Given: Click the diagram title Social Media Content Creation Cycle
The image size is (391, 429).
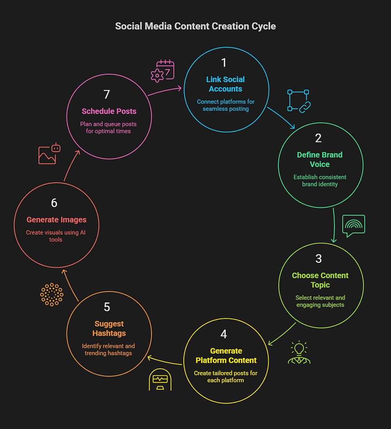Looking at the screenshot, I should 195,26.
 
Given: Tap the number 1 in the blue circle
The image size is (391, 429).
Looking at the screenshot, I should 224,63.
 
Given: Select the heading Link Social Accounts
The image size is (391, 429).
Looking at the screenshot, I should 225,84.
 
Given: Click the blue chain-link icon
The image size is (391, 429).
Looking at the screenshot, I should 298,101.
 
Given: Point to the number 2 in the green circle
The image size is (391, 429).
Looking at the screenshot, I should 319,138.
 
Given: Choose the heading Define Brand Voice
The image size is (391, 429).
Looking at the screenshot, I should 320,160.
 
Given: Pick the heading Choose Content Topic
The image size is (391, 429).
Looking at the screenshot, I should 320,280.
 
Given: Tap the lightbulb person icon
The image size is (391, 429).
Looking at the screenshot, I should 299,353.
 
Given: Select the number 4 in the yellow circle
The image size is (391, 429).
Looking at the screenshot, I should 224,334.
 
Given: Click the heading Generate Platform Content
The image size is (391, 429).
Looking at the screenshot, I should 226,355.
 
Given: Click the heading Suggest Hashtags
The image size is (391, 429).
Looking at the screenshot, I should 109,328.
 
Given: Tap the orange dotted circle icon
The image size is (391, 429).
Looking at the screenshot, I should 51,295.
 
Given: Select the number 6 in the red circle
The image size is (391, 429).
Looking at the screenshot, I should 54,203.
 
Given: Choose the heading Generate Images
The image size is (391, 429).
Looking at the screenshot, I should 57,220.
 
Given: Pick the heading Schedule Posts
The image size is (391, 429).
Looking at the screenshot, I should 109,111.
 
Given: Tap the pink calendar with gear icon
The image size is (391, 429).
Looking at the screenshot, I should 162,71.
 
